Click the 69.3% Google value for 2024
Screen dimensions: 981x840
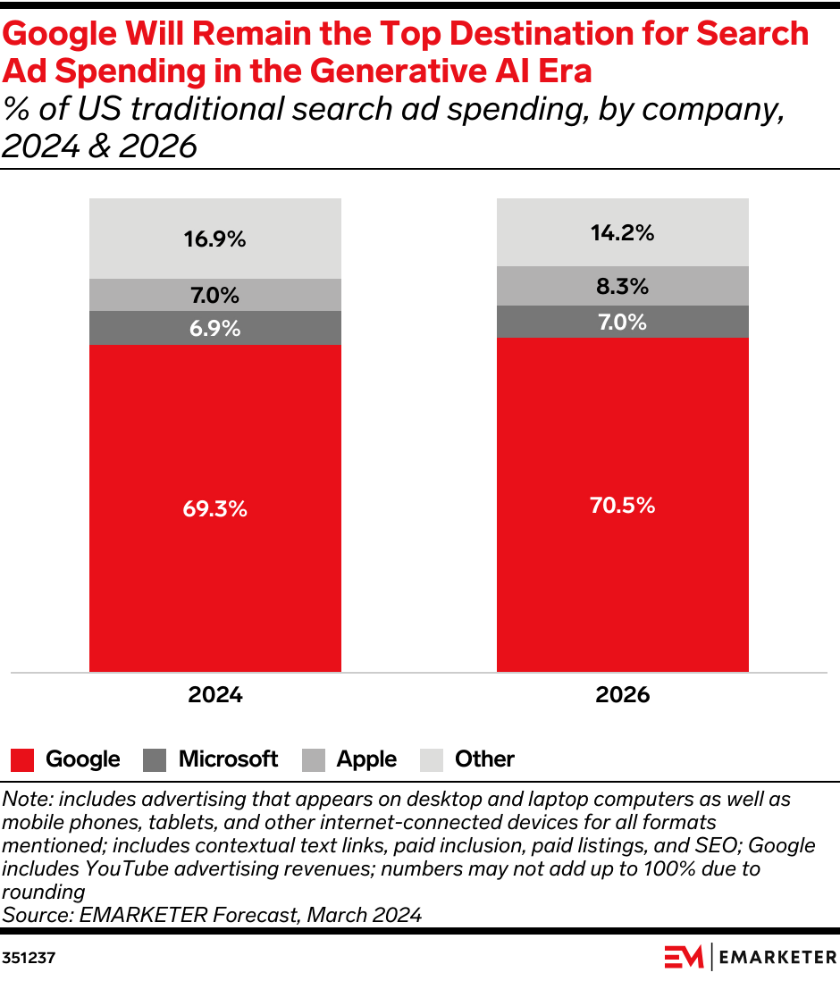coord(214,509)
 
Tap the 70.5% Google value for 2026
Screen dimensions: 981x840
coord(622,505)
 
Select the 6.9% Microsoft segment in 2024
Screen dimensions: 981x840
coord(214,328)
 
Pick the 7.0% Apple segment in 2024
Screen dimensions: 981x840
coord(214,295)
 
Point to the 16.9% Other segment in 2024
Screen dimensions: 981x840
coord(214,239)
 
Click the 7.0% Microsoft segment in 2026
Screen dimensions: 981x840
coord(622,322)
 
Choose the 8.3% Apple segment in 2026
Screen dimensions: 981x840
coord(622,287)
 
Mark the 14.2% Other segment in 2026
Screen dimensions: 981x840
coord(622,233)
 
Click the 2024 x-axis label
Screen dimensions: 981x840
coord(214,695)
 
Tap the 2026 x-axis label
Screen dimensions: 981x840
coord(622,695)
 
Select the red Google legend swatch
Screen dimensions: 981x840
coord(22,760)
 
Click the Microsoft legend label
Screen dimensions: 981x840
coord(228,759)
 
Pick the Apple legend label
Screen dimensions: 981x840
coord(366,759)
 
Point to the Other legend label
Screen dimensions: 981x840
coord(484,759)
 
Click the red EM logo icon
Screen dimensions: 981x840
coord(684,957)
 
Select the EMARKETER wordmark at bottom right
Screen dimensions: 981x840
coord(777,957)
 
